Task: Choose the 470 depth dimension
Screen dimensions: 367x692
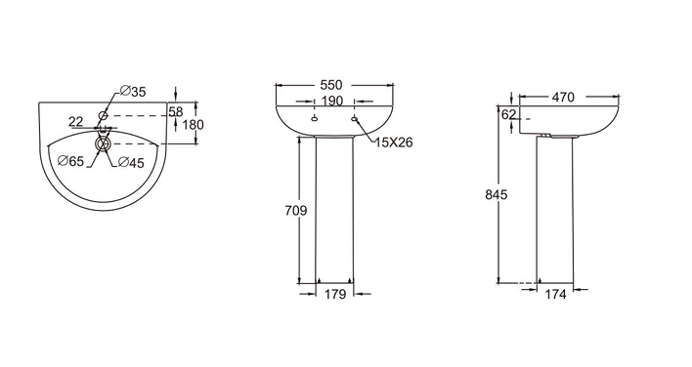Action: (561, 98)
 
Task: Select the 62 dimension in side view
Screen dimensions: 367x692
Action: (507, 114)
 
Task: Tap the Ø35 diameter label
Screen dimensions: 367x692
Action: (133, 92)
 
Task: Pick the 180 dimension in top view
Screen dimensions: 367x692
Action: (192, 124)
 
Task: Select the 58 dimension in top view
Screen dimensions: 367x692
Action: (175, 111)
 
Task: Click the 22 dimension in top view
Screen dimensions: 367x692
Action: (76, 121)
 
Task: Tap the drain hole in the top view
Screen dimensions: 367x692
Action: (103, 143)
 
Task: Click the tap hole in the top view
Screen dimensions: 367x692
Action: (103, 115)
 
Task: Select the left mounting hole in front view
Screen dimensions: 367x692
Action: (313, 120)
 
